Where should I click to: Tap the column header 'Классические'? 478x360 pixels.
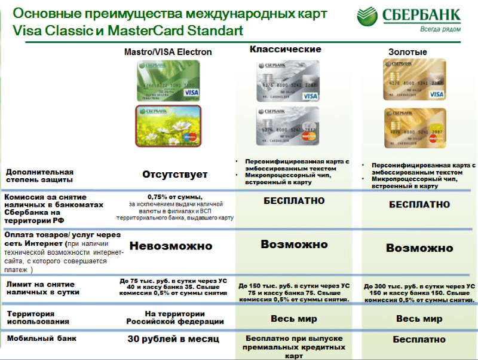pyautogui.click(x=285, y=50)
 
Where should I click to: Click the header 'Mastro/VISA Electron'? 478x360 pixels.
pyautogui.click(x=168, y=52)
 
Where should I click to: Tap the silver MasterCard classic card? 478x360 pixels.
pyautogui.click(x=287, y=127)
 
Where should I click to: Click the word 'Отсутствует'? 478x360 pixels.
pyautogui.click(x=175, y=175)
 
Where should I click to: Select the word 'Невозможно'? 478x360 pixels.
pyautogui.click(x=171, y=246)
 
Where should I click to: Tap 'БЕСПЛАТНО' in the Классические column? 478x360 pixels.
pyautogui.click(x=294, y=202)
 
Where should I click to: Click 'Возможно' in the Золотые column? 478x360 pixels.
pyautogui.click(x=419, y=248)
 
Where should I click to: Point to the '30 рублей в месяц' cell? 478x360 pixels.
pyautogui.click(x=173, y=339)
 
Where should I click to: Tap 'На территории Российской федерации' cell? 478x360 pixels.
pyautogui.click(x=175, y=318)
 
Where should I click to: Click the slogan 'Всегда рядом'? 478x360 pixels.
pyautogui.click(x=442, y=29)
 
